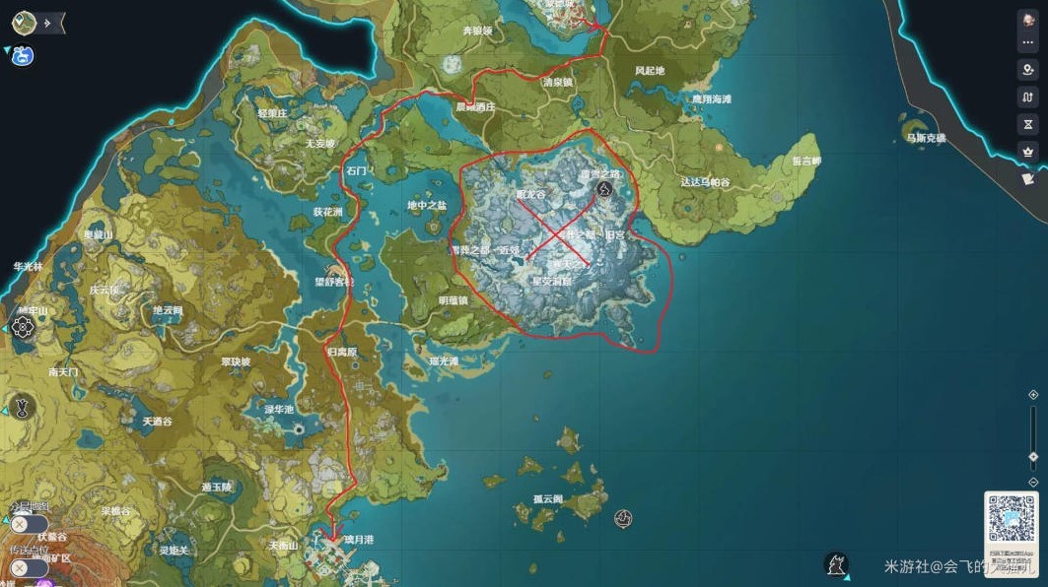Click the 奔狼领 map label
tap(477, 31)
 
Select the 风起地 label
tap(650, 71)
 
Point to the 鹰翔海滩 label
tap(711, 99)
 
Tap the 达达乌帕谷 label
tap(705, 182)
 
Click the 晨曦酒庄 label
tap(475, 107)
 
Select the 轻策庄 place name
tap(272, 113)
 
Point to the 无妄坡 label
tap(319, 143)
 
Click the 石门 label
tap(356, 170)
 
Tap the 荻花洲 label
tap(327, 212)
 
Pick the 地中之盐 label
tap(426, 205)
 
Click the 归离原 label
tap(341, 351)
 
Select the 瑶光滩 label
tap(444, 361)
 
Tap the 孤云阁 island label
tap(547, 499)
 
